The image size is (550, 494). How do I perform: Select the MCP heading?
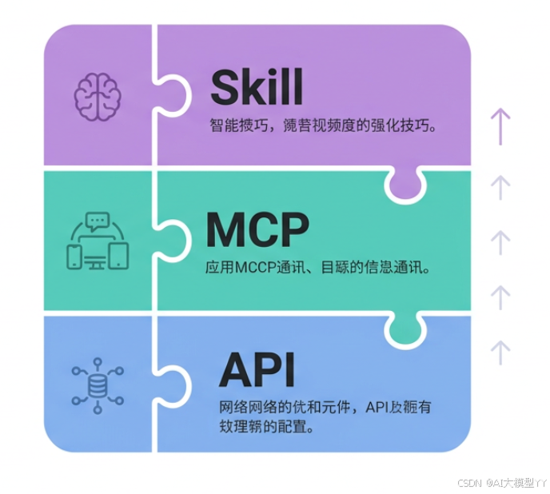[257, 231]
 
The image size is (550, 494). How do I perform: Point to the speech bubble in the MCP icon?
[98, 219]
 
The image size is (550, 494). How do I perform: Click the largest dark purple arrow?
[500, 126]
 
